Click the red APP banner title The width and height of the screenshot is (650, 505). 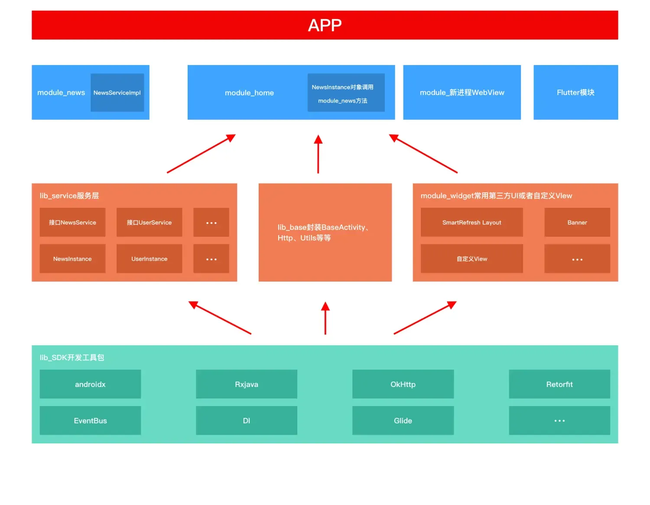(325, 25)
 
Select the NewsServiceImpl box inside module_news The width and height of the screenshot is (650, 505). (117, 92)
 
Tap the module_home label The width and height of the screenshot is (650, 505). (249, 93)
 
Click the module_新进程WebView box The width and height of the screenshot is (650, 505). (462, 92)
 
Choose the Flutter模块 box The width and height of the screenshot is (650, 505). (575, 92)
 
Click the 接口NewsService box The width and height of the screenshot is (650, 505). (72, 222)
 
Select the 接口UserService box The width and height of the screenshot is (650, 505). (149, 222)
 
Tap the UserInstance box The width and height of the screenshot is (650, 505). (149, 259)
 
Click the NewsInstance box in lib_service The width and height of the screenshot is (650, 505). (72, 259)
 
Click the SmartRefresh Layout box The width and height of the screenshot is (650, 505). (471, 222)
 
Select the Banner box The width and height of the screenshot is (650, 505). (577, 222)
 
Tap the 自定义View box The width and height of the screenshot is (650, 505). (471, 259)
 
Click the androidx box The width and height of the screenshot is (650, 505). (90, 384)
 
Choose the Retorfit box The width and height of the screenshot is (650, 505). (559, 384)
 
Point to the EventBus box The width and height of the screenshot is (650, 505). (90, 420)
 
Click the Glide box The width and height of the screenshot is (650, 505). (403, 420)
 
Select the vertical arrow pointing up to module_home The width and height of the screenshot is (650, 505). (318, 154)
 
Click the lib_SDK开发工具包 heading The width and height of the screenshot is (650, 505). (72, 357)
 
